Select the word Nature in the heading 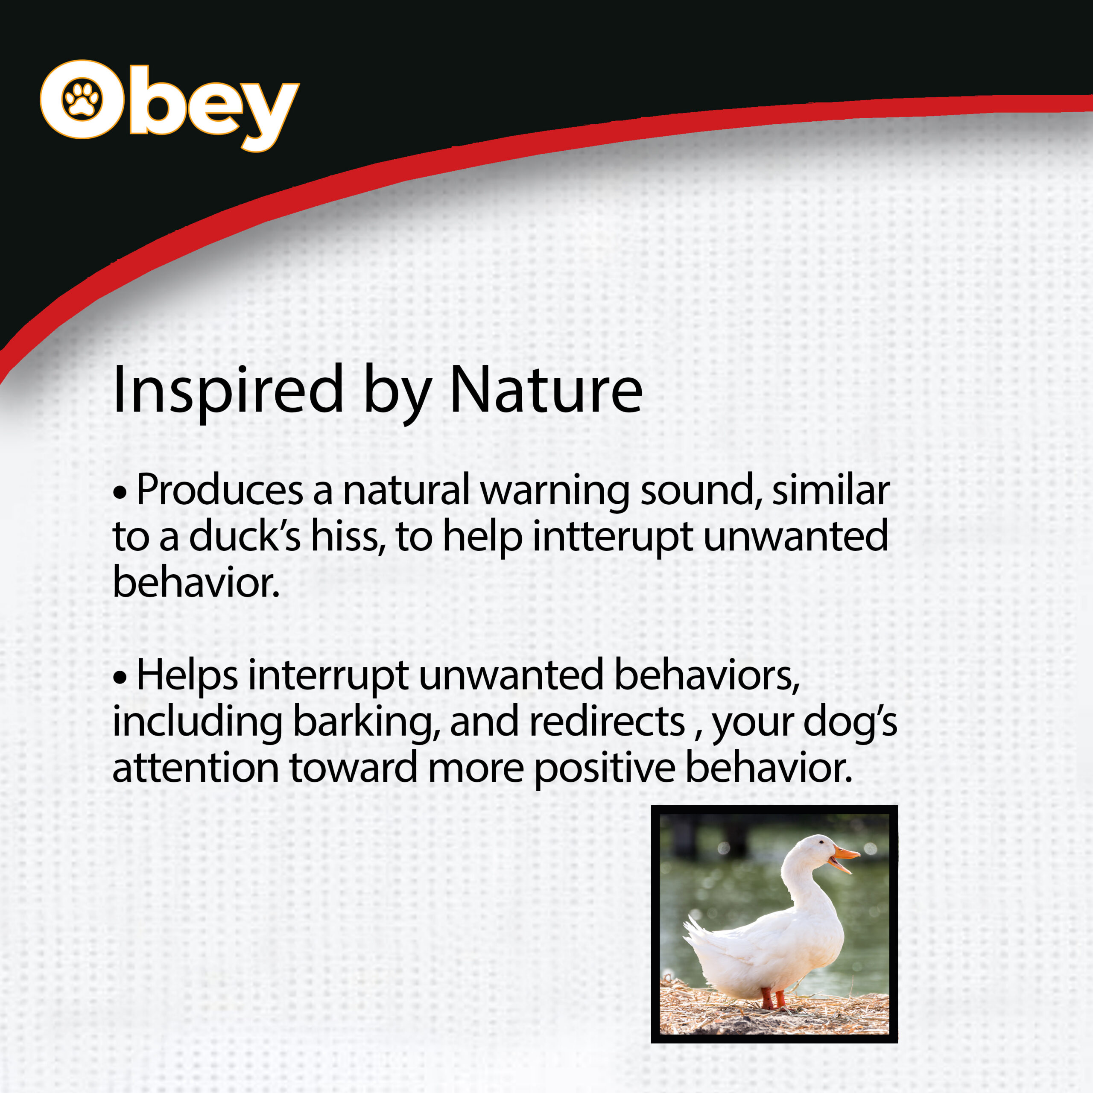point(546,389)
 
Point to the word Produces point(219,489)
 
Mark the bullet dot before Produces point(120,492)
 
